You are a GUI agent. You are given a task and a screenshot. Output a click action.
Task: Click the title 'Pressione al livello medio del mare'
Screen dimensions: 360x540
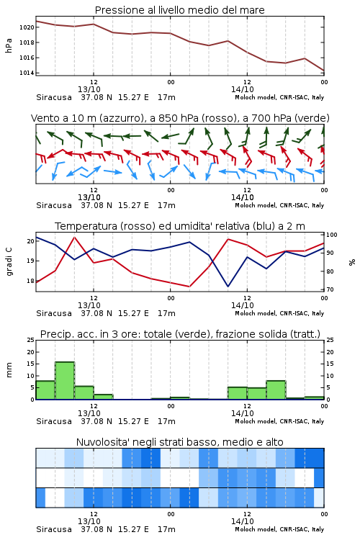[x=179, y=10]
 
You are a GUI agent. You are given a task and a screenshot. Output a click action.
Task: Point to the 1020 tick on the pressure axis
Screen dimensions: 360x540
[x=27, y=27]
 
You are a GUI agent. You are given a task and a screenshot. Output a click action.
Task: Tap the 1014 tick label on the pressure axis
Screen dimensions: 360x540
[x=27, y=73]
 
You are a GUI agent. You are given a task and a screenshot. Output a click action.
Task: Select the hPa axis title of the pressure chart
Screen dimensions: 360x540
[x=9, y=45]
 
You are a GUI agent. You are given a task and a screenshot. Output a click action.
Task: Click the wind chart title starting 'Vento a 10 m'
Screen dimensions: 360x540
[x=180, y=118]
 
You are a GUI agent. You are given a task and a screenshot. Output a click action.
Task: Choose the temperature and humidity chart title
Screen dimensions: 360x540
[x=180, y=226]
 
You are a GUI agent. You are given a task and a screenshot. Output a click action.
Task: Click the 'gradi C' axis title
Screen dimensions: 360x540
[x=9, y=262]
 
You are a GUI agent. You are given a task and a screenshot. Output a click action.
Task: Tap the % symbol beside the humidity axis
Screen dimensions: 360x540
[x=352, y=262]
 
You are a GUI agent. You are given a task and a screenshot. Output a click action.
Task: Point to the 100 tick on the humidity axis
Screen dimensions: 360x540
[x=332, y=235]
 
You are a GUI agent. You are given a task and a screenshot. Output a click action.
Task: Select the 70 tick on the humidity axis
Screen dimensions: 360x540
[x=330, y=289]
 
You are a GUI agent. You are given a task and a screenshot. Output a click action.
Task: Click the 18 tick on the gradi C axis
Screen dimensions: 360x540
[x=31, y=281]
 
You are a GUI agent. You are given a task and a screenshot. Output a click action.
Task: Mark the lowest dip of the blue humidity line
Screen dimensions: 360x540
[x=228, y=286]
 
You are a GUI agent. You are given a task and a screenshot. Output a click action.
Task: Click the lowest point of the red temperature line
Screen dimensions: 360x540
[x=189, y=287]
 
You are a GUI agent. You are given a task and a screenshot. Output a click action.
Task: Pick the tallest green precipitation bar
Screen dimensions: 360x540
[x=65, y=381]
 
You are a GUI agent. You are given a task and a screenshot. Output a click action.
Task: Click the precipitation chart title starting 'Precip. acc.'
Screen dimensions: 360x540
[x=180, y=334]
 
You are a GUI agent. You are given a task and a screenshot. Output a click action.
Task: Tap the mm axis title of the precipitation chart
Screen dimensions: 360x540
[x=9, y=370]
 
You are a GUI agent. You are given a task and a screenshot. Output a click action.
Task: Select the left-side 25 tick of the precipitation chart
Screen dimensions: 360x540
[x=31, y=340]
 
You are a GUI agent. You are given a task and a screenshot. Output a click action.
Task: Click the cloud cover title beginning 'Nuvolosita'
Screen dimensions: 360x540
[x=179, y=442]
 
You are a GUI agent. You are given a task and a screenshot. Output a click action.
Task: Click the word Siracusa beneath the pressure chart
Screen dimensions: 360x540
[x=54, y=97]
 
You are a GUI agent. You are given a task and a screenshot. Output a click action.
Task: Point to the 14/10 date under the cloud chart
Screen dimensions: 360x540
[x=243, y=521]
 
